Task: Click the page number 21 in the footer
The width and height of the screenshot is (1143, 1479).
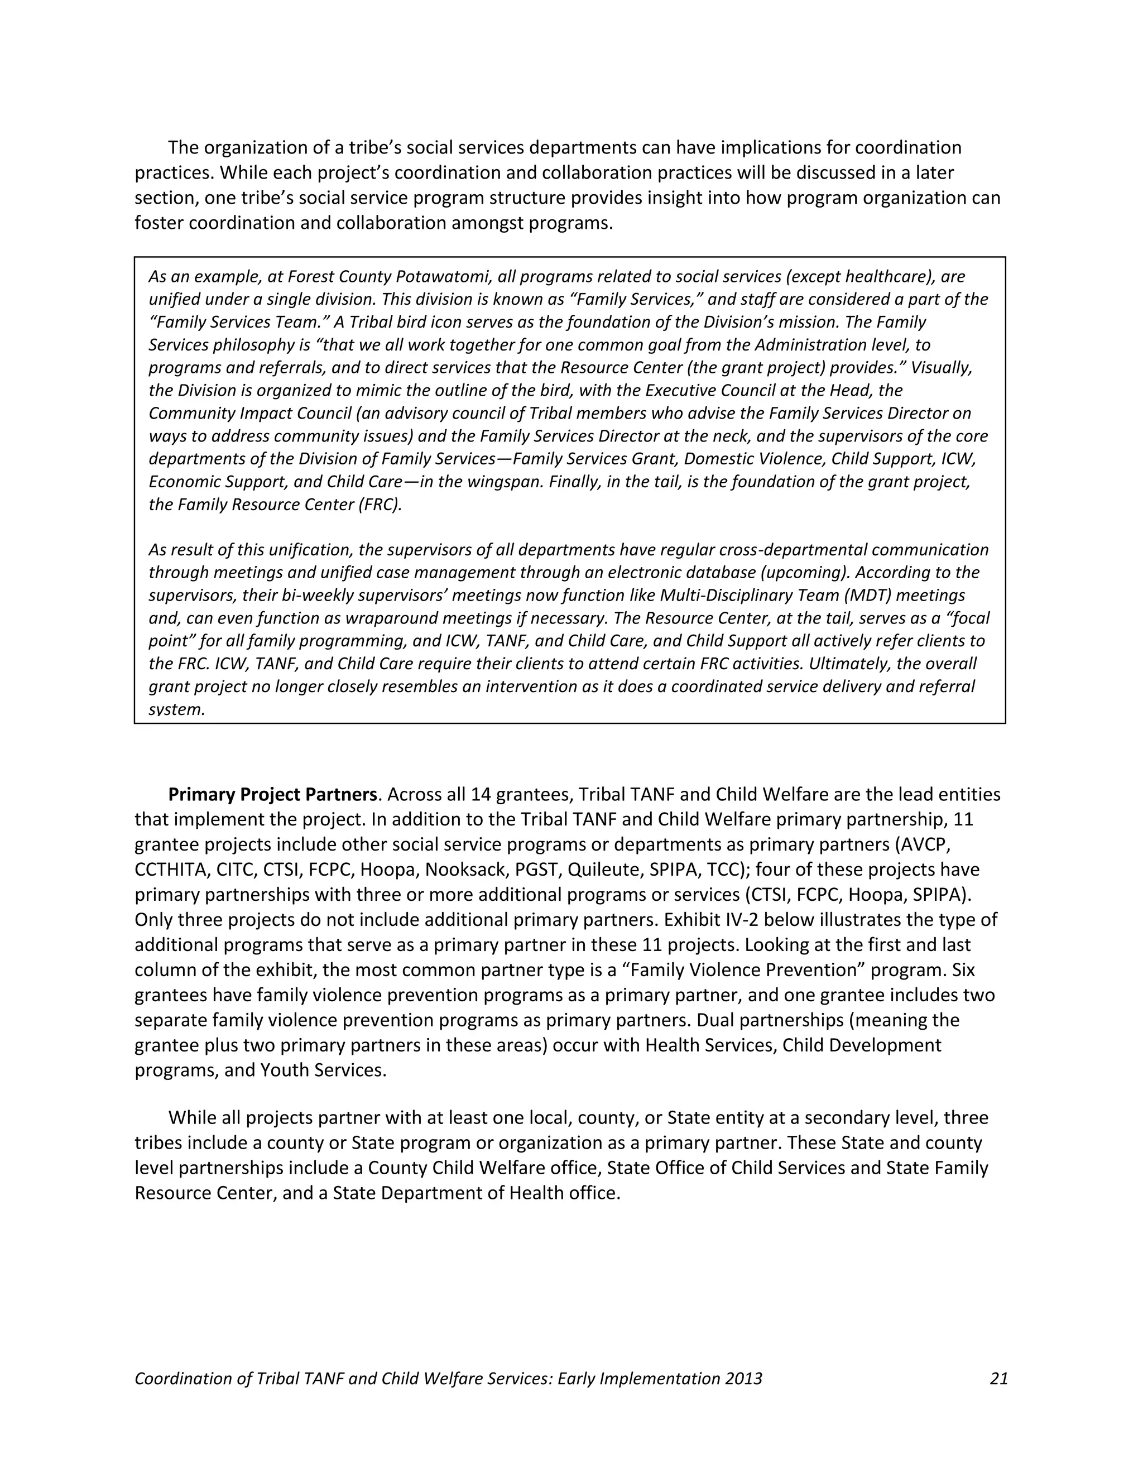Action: [x=998, y=1379]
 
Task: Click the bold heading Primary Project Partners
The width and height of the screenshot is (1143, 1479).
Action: [x=272, y=794]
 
